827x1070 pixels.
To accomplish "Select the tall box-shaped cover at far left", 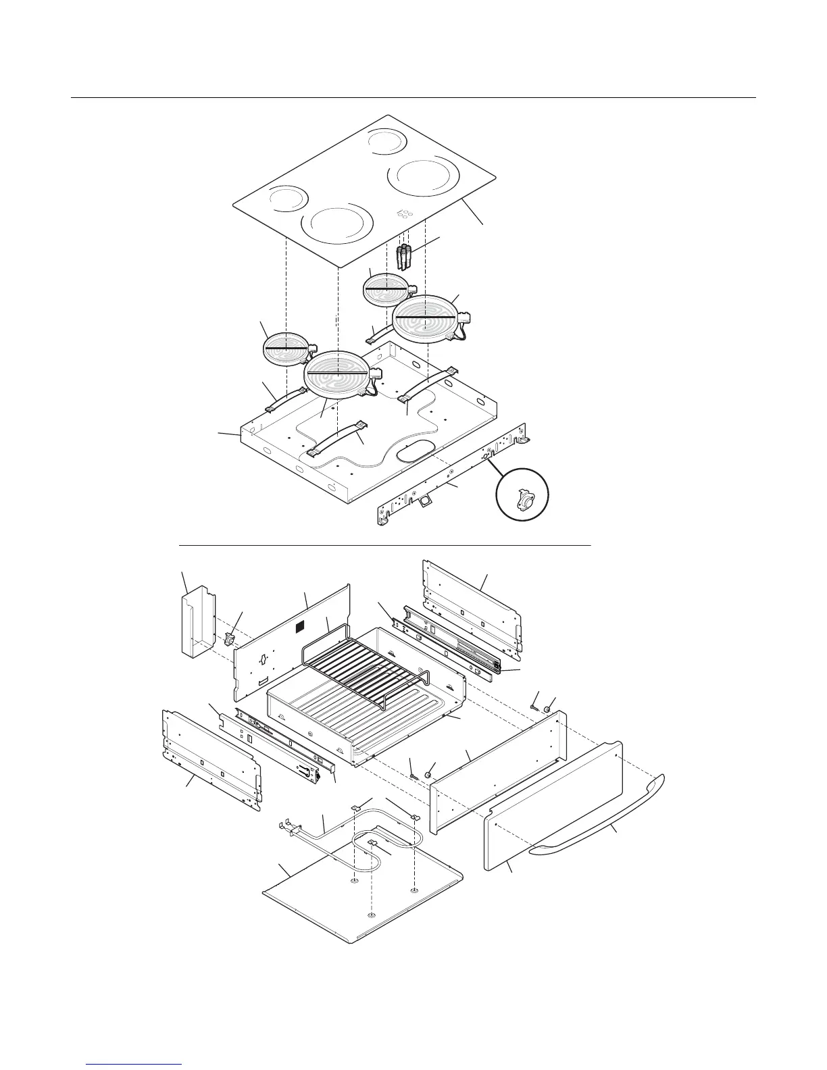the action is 197,623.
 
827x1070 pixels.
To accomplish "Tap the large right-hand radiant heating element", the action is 425,320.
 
